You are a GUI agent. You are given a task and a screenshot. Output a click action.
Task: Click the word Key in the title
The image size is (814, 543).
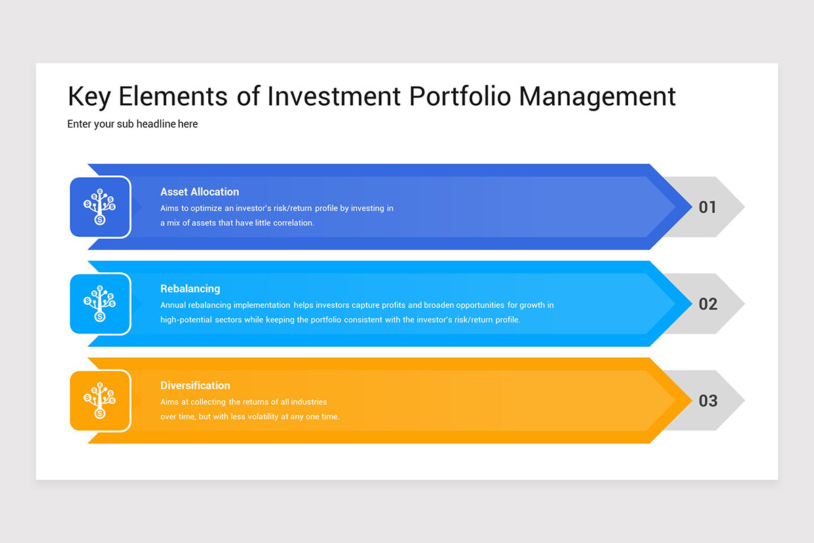pyautogui.click(x=89, y=97)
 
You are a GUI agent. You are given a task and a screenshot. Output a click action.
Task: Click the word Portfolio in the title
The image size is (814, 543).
pyautogui.click(x=460, y=96)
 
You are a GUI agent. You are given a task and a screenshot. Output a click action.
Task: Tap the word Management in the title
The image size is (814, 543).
pyautogui.click(x=598, y=97)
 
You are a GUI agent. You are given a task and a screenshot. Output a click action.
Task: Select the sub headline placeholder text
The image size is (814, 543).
pyautogui.click(x=132, y=124)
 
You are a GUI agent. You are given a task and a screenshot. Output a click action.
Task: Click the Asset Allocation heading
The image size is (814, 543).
pyautogui.click(x=199, y=191)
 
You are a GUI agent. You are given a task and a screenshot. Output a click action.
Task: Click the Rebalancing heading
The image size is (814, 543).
pyautogui.click(x=190, y=288)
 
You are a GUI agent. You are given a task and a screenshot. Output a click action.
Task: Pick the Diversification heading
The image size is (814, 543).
pyautogui.click(x=195, y=386)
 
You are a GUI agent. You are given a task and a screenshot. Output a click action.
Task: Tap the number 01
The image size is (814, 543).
pyautogui.click(x=708, y=207)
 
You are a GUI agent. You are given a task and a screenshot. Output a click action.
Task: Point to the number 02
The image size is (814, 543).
pyautogui.click(x=708, y=304)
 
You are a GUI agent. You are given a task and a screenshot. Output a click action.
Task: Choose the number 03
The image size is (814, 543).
pyautogui.click(x=708, y=400)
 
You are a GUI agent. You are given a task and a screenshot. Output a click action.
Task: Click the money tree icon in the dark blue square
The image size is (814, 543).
pyautogui.click(x=100, y=206)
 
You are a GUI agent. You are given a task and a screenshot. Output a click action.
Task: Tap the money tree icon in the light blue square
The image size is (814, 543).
pyautogui.click(x=100, y=303)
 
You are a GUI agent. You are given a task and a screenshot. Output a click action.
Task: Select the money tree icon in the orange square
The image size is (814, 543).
pyautogui.click(x=100, y=400)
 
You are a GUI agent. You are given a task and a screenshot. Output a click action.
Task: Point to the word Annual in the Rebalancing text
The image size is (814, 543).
pyautogui.click(x=172, y=305)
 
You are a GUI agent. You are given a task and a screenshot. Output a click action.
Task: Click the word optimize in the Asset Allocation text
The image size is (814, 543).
pyautogui.click(x=206, y=208)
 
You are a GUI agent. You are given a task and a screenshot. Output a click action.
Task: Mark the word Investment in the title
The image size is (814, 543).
pyautogui.click(x=334, y=96)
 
